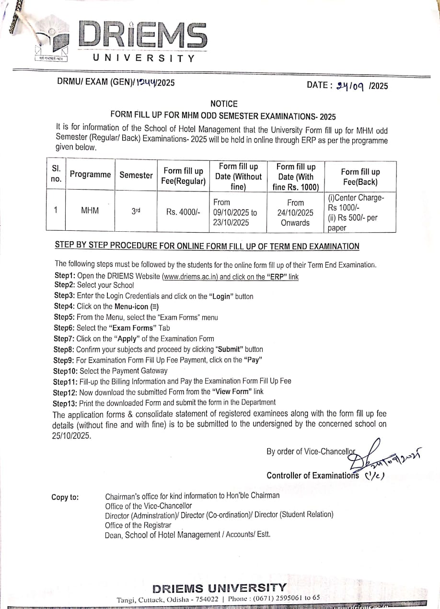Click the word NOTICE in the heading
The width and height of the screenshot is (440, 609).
click(224, 103)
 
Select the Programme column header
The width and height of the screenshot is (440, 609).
click(90, 175)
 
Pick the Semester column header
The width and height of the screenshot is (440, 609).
click(136, 175)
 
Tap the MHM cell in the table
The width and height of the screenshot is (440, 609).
click(90, 210)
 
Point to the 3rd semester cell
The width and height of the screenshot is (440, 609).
click(136, 210)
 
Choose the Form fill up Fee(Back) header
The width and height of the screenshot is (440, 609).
click(360, 177)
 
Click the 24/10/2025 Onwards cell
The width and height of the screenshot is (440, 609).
click(295, 213)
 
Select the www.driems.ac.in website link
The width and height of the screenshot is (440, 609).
click(190, 277)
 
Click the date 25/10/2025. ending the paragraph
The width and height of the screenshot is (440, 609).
click(71, 436)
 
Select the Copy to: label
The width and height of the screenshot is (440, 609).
click(65, 497)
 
